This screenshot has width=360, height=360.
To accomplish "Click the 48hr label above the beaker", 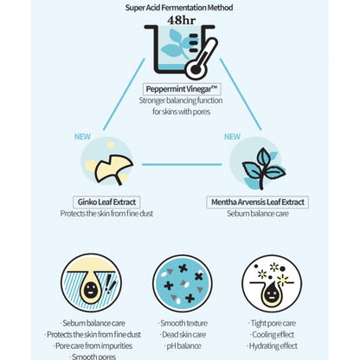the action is (x=181, y=20).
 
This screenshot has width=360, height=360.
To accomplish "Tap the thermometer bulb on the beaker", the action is (x=196, y=69).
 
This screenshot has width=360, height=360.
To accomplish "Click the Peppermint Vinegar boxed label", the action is (x=182, y=89).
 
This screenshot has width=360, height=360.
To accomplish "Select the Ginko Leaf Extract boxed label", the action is (x=106, y=202).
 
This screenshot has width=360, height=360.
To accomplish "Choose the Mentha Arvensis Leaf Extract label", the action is (x=258, y=202).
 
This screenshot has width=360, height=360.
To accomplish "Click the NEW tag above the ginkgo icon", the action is (x=82, y=137).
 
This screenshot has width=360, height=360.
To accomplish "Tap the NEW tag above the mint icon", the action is (x=232, y=137).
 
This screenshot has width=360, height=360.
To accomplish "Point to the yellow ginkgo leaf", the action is (x=113, y=170).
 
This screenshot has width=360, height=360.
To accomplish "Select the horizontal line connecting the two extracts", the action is (x=182, y=164).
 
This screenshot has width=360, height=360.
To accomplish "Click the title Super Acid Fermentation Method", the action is (x=179, y=8).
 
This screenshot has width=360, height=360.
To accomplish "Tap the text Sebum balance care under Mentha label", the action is (x=258, y=214).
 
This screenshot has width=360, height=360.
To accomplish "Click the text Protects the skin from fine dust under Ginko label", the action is (x=106, y=214).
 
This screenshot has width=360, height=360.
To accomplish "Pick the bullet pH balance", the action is (x=183, y=346).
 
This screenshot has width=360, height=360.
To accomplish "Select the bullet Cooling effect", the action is (x=272, y=335).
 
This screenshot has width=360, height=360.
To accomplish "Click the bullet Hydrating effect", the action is (x=272, y=346).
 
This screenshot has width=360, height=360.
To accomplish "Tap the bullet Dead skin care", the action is (x=183, y=335).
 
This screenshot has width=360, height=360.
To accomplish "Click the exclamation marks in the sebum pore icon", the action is (x=111, y=284).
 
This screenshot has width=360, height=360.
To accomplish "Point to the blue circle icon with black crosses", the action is (x=183, y=283).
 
